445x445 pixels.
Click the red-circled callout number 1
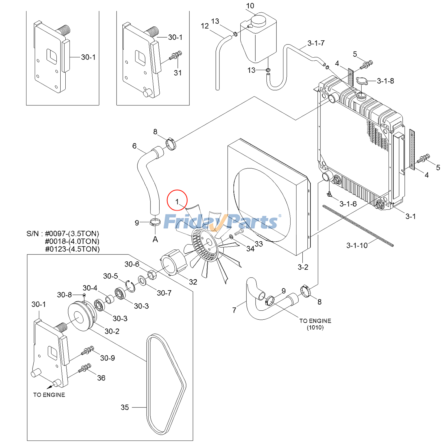pyautogui.click(x=177, y=201)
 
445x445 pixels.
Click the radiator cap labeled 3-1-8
pyautogui.click(x=362, y=81)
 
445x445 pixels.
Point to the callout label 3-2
pyautogui.click(x=303, y=267)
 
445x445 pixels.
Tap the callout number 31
pyautogui.click(x=178, y=73)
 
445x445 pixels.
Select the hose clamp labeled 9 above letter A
pyautogui.click(x=155, y=222)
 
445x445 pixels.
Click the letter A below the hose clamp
pyautogui.click(x=155, y=239)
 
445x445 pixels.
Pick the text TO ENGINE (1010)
pyautogui.click(x=315, y=324)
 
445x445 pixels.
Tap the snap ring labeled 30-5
pyautogui.click(x=130, y=286)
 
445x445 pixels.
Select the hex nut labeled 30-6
pyautogui.click(x=152, y=275)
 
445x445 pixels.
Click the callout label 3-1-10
pyautogui.click(x=357, y=246)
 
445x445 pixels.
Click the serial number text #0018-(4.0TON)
pyautogui.click(x=72, y=241)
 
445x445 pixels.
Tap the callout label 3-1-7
pyautogui.click(x=316, y=43)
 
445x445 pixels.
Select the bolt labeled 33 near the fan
pyautogui.click(x=239, y=232)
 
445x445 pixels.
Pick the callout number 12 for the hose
pyautogui.click(x=205, y=26)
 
